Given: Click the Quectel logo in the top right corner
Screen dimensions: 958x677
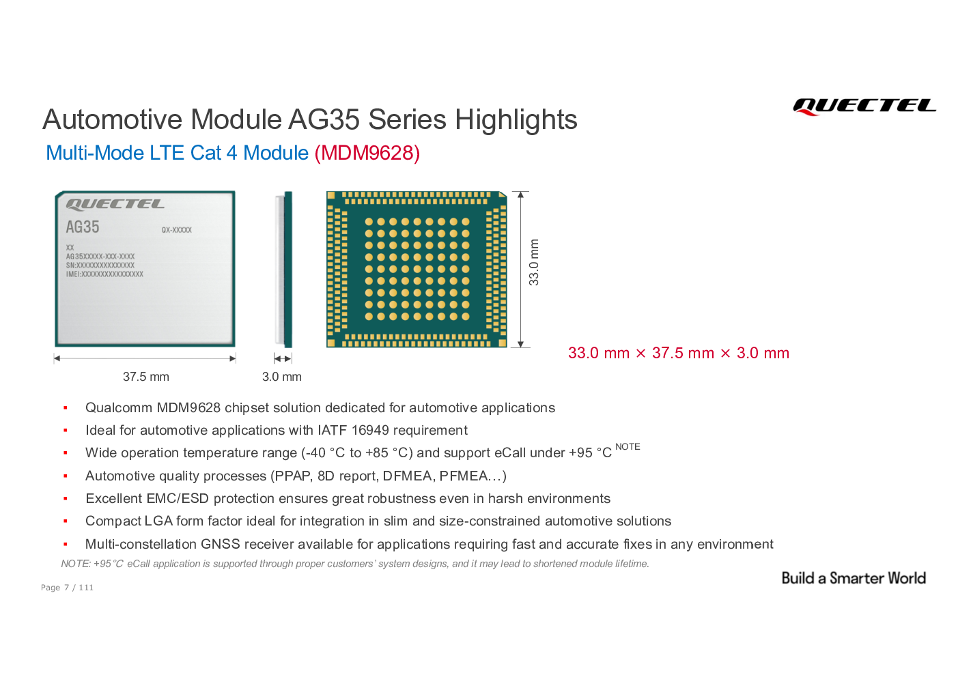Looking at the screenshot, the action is [x=864, y=106].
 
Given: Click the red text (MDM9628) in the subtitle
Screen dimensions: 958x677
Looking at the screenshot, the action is [x=367, y=153].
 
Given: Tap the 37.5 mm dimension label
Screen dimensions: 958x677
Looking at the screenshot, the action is [x=146, y=377].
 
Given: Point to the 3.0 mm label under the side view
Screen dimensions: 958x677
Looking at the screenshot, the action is [x=282, y=377].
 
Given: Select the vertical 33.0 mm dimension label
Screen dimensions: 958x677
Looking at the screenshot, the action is [x=533, y=263].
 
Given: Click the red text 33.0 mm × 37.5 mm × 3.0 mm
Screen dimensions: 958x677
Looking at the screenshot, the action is [x=678, y=353].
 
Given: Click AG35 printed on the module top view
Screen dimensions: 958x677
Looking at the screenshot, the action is [x=82, y=227].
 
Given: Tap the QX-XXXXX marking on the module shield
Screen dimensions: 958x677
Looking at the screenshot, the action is [x=177, y=230].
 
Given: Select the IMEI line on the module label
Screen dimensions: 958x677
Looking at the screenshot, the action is [x=104, y=274].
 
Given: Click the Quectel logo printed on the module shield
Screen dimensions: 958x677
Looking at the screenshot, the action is [x=115, y=204].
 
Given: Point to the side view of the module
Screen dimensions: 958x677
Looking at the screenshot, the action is [x=283, y=270].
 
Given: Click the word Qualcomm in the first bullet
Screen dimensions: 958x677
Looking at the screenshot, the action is [x=119, y=407].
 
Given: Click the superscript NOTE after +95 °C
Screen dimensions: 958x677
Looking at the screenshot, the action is [x=628, y=446].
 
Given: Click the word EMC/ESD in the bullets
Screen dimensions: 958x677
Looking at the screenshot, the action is [x=178, y=498].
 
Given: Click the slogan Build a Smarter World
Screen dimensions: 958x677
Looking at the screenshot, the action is [x=854, y=578].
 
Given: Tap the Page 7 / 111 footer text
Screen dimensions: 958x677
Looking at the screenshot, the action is [x=67, y=588].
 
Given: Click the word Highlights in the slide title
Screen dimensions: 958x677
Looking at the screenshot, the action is [x=516, y=119].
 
